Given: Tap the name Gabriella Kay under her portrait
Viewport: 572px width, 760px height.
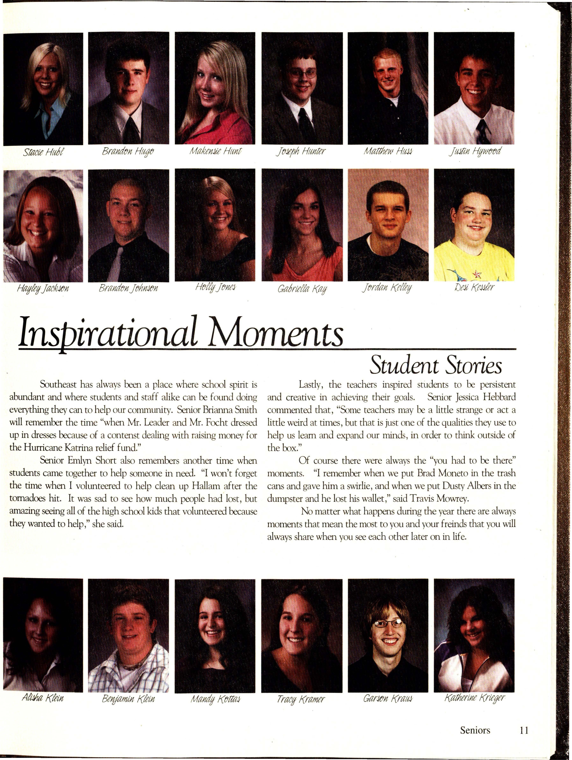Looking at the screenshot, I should pos(302,289).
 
